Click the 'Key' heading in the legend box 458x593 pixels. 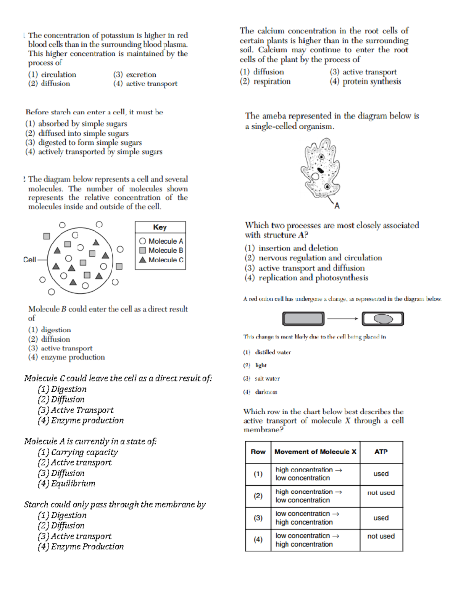click(160, 227)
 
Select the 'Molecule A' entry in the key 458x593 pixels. click(161, 241)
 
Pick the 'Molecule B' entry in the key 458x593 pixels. click(161, 250)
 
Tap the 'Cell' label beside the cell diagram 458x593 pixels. click(29, 260)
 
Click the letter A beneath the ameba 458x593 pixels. click(337, 206)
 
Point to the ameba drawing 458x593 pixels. click(321, 168)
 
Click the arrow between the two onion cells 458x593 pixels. click(342, 318)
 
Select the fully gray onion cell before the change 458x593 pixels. click(303, 318)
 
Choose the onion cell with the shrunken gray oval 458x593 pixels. click(383, 318)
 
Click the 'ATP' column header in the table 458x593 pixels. click(381, 452)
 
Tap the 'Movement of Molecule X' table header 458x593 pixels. click(315, 452)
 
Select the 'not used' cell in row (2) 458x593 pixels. click(381, 493)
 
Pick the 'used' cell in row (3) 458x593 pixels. click(381, 518)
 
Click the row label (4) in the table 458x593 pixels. click(258, 540)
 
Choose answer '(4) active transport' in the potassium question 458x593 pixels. click(145, 84)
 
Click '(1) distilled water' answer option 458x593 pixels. click(267, 352)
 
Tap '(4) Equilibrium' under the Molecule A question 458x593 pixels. click(66, 483)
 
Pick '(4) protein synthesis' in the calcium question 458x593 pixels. click(365, 81)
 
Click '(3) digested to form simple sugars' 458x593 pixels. click(84, 142)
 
